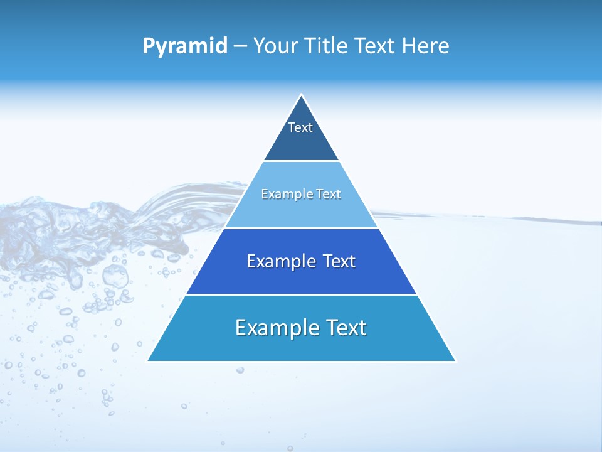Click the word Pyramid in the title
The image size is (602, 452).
click(185, 46)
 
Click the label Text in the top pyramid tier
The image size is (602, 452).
click(300, 127)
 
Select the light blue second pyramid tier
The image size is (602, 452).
click(301, 210)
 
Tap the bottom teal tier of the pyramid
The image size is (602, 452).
click(301, 345)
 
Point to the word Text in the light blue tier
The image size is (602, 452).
click(329, 194)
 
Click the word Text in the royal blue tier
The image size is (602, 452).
click(339, 261)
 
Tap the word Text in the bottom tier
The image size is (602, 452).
click(347, 328)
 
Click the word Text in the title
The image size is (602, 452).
click(375, 46)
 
